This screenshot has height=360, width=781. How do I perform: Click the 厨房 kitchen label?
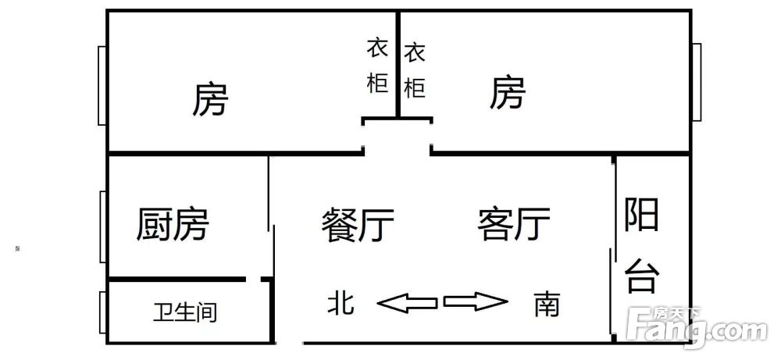point(173,225)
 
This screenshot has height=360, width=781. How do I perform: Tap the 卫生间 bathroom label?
point(185,312)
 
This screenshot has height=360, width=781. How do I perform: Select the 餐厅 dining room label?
point(358,225)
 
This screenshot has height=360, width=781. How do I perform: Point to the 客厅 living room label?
point(514,225)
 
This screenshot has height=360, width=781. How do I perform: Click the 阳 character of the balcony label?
point(641,214)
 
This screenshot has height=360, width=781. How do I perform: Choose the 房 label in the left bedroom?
point(210,99)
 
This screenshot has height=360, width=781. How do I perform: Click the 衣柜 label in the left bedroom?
point(377,66)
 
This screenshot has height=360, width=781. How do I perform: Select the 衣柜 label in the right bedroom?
point(415,71)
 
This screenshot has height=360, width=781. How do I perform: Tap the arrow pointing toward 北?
point(407,303)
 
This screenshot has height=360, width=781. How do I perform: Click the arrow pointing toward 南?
point(476,301)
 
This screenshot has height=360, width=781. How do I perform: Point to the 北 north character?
point(341,303)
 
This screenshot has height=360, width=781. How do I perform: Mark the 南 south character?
point(547,304)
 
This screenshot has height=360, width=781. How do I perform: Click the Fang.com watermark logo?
point(697,326)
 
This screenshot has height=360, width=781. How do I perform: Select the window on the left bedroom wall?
point(102,86)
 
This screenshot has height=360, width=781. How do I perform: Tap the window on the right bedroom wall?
point(697,82)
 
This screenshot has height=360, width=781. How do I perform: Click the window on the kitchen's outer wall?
point(103,226)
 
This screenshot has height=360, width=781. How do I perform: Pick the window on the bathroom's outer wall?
point(103,312)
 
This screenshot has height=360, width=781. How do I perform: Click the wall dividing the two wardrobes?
point(398,64)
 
